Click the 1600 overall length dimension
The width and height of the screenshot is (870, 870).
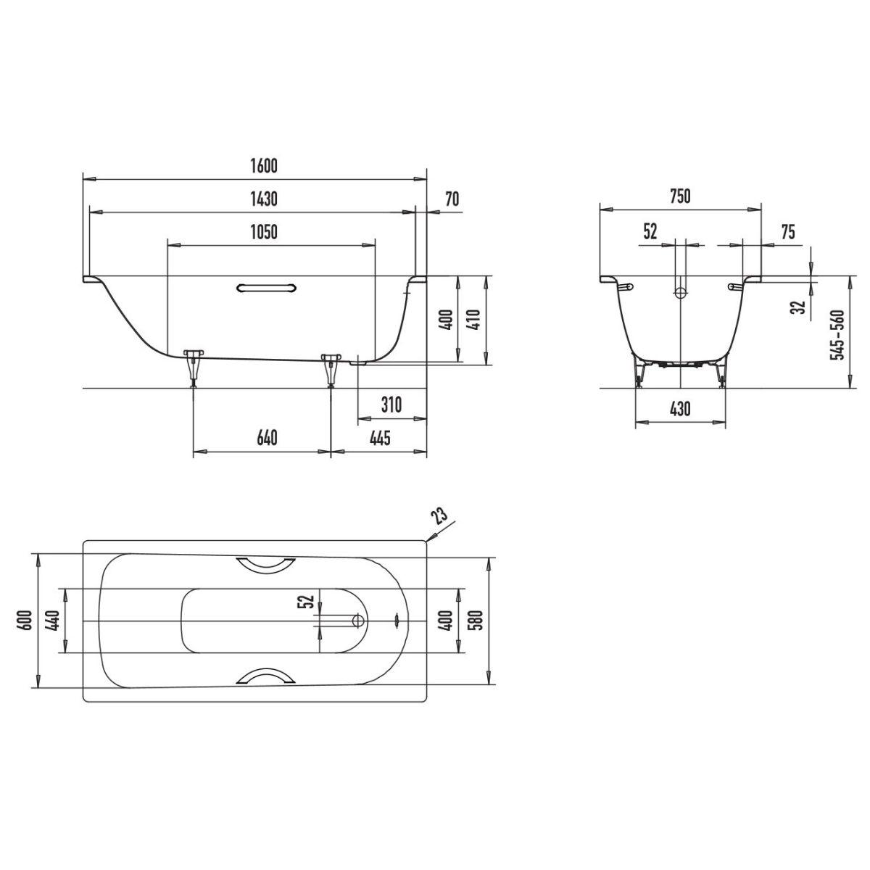(264, 166)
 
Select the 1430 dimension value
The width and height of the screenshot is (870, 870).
(264, 199)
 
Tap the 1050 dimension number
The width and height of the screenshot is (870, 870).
(264, 232)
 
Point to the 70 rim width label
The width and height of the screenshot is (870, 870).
(452, 199)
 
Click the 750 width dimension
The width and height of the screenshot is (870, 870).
(680, 196)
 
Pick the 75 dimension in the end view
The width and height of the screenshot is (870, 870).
(788, 232)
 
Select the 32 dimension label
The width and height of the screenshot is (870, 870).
(800, 307)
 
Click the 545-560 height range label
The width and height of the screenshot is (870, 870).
(838, 334)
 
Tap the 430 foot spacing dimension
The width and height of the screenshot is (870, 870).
(680, 409)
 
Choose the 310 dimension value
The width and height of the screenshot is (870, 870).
(391, 405)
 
